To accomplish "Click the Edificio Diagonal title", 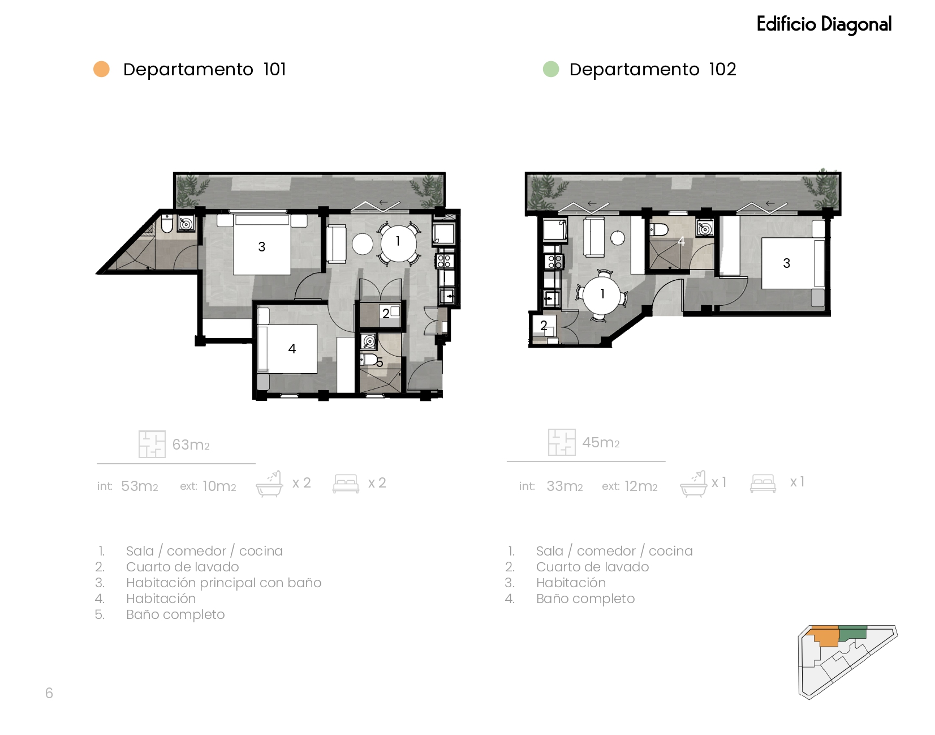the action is click(x=824, y=24).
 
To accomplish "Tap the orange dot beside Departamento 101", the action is click(x=102, y=69).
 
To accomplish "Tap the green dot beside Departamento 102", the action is click(x=551, y=69).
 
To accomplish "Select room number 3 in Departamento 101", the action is click(x=262, y=247).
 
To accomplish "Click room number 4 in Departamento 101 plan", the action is click(x=292, y=349).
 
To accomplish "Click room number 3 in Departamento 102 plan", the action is click(x=787, y=263).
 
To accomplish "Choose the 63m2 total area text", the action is click(x=191, y=445).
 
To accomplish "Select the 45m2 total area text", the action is click(x=601, y=442).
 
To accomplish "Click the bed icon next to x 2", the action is click(x=346, y=484).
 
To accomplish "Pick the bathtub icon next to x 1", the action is click(x=693, y=484).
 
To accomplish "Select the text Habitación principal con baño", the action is click(x=224, y=583).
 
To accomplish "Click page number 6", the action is click(x=49, y=693).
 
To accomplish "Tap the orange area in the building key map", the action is click(x=824, y=636).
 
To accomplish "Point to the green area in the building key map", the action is click(x=853, y=633).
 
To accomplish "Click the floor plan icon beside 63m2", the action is click(x=152, y=444).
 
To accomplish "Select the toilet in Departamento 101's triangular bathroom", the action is click(x=167, y=224).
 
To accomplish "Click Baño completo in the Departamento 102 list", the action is click(x=585, y=599).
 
